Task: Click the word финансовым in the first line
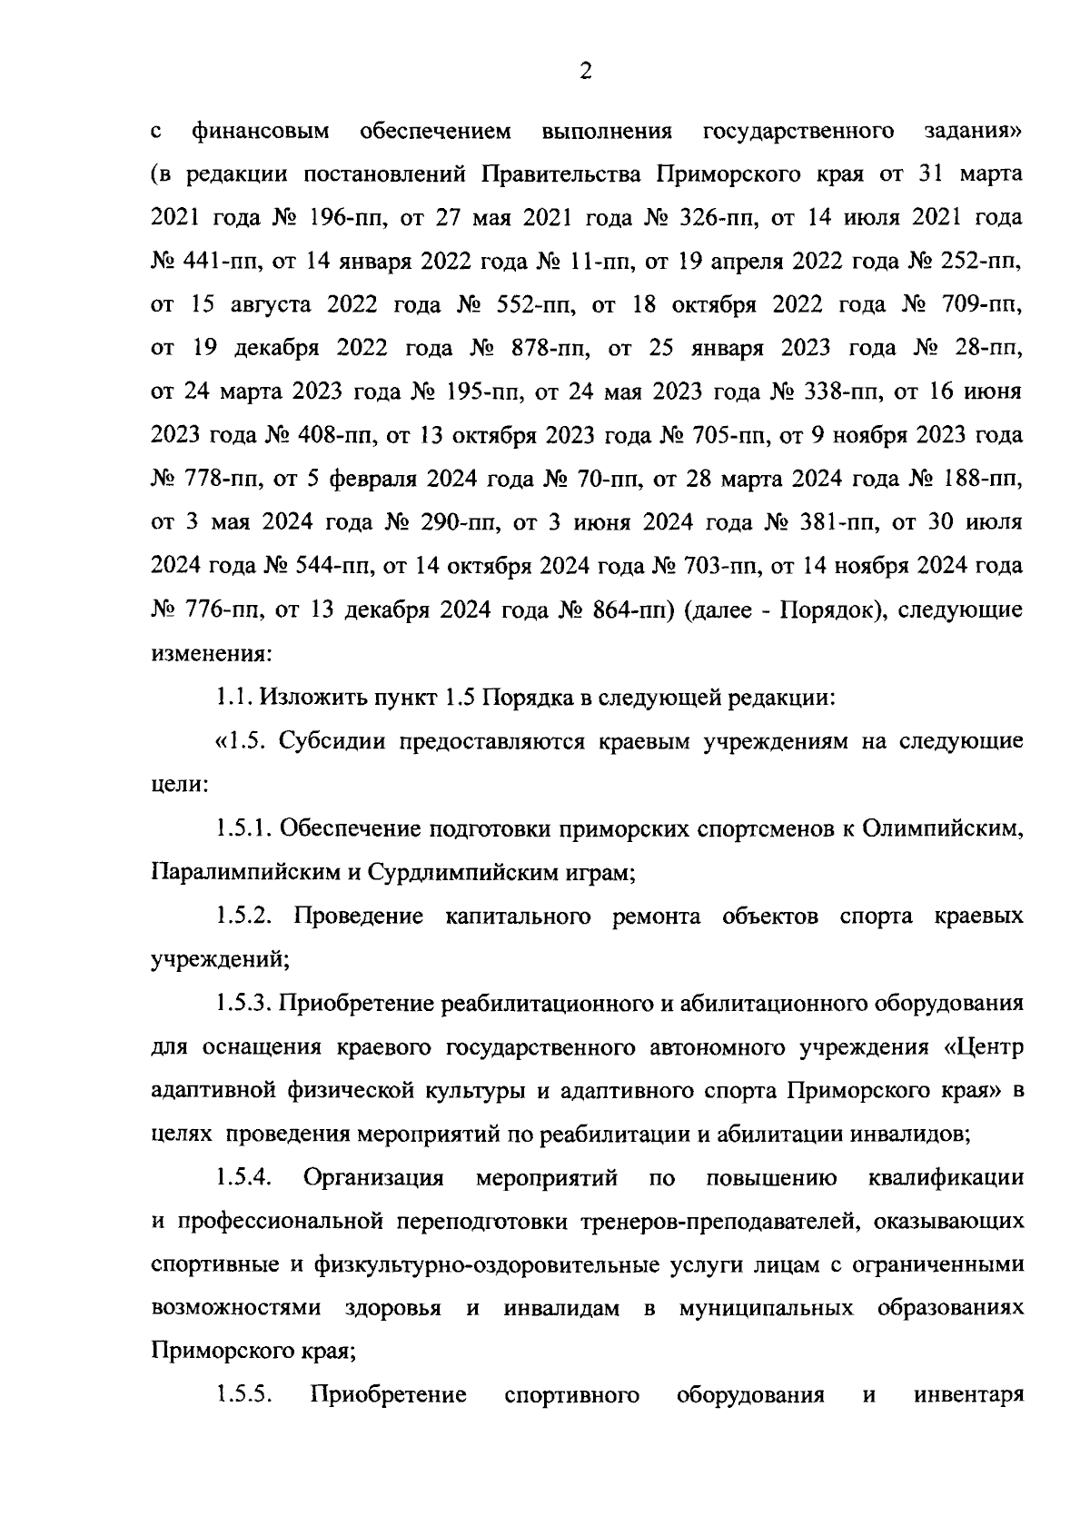click(261, 132)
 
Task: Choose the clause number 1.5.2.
click(244, 917)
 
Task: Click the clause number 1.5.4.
click(244, 1178)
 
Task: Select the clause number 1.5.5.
click(244, 1394)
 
